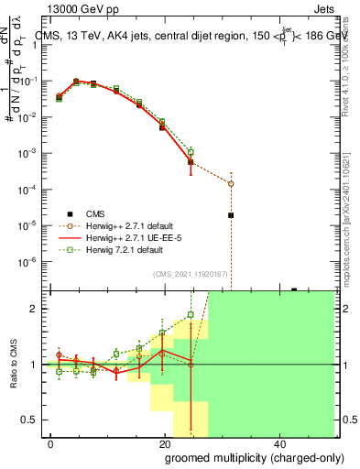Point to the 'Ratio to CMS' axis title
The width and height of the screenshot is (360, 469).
[13, 365]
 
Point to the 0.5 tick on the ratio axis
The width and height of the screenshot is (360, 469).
[29, 420]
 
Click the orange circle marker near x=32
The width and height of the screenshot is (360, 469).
[231, 183]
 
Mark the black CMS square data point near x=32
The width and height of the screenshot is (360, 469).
[231, 215]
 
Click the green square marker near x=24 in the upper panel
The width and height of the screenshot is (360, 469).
[191, 152]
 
